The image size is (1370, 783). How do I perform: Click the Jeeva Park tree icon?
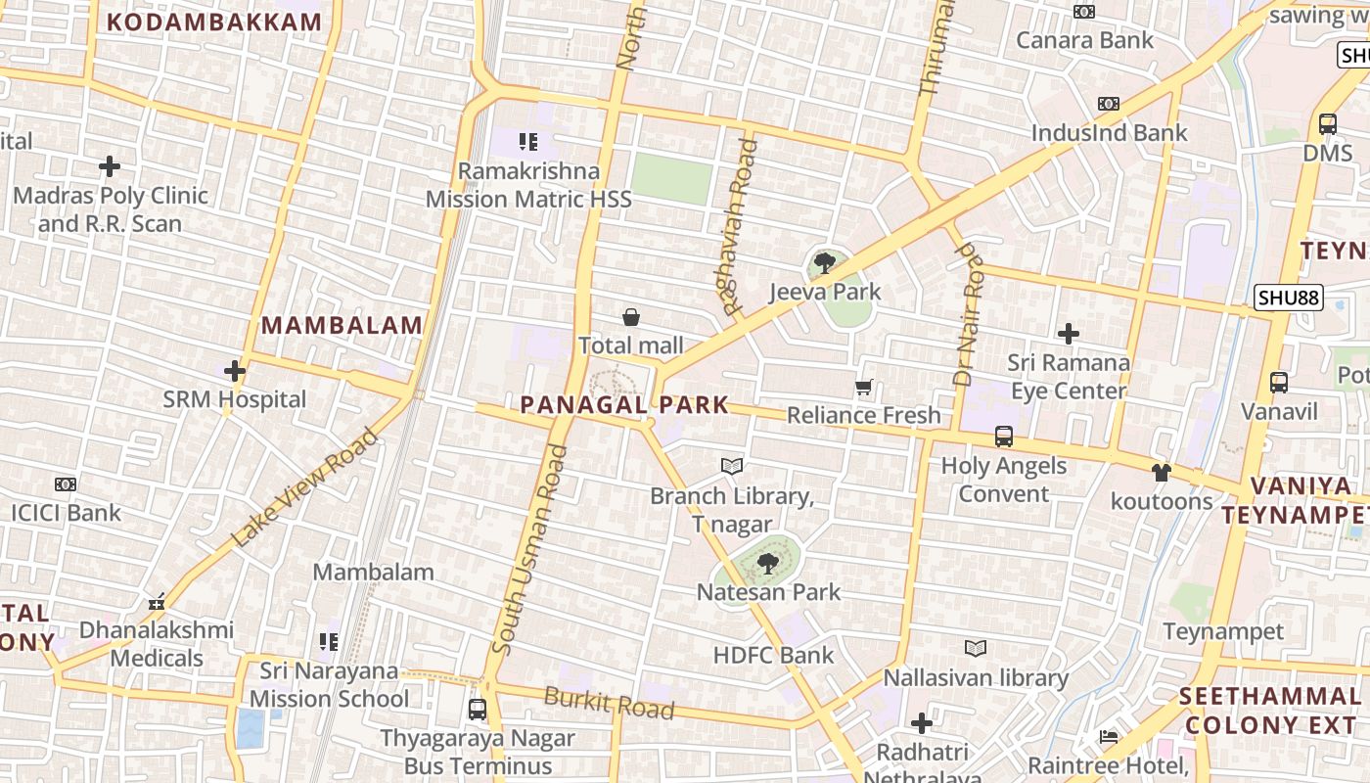[x=825, y=262]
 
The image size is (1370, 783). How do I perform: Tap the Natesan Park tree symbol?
[x=768, y=563]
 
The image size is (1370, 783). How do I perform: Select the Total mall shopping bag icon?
[x=631, y=317]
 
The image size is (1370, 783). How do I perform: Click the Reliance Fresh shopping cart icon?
[x=863, y=388]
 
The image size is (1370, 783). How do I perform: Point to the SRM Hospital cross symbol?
[x=234, y=371]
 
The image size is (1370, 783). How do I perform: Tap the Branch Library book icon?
[x=732, y=467]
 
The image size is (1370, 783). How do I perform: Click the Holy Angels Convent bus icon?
[x=1004, y=437]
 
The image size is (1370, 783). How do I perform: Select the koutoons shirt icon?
[x=1162, y=473]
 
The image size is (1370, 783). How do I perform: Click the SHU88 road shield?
[x=1289, y=298]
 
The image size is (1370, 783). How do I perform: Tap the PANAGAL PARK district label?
[x=624, y=404]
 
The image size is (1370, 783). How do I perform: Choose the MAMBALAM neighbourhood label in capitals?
[x=342, y=325]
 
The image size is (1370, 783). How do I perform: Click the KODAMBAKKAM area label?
[x=213, y=23]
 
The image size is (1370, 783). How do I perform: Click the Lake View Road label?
[x=304, y=488]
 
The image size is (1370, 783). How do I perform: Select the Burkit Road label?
[x=609, y=702]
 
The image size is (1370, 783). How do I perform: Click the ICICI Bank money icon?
[x=66, y=484]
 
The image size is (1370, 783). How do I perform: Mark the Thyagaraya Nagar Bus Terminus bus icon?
[x=478, y=710]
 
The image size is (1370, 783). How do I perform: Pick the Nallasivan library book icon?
[x=976, y=649]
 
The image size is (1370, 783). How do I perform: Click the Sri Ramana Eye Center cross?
[x=1069, y=334]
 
